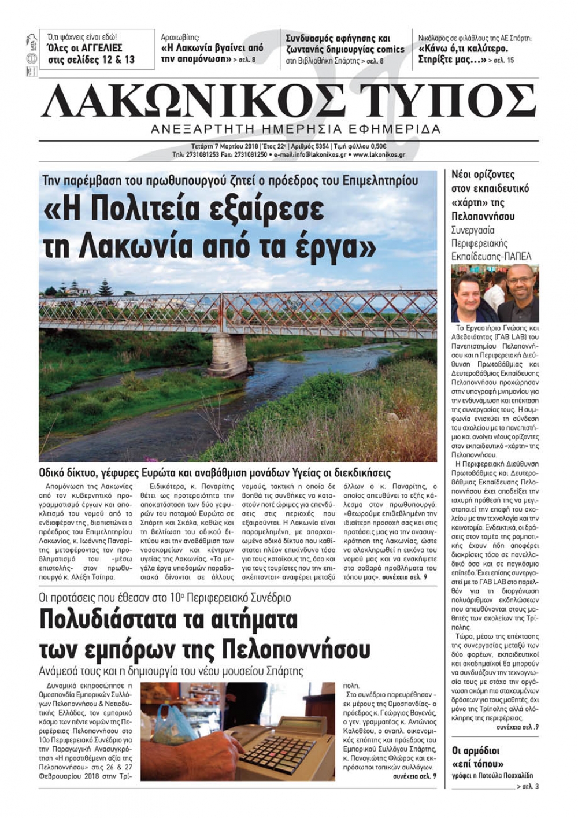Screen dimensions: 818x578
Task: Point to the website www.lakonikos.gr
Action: tap(379, 155)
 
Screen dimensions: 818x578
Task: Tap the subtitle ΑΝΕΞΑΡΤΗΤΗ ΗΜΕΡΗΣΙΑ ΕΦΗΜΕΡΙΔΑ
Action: tap(295, 129)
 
